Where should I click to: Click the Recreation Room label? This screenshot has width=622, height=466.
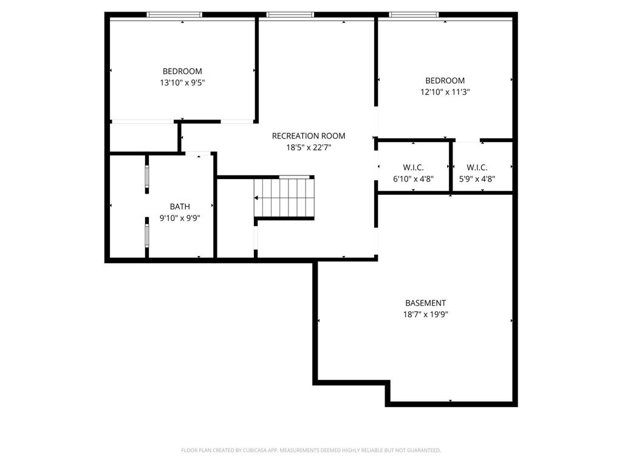coord(309,136)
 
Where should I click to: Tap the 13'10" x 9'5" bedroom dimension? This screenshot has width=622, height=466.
coord(182,83)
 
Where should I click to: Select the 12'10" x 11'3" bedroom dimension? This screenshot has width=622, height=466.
coord(445,92)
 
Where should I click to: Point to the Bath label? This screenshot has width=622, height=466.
coord(180,206)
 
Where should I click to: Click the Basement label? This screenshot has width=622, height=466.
coord(426,303)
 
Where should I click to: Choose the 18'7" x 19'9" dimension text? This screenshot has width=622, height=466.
coord(426,315)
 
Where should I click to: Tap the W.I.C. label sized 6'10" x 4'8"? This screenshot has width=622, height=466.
coord(413,167)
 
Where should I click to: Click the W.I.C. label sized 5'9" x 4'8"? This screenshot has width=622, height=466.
coord(477,167)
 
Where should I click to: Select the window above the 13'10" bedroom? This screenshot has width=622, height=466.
coord(174,15)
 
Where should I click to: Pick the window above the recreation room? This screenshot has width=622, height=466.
coord(290,15)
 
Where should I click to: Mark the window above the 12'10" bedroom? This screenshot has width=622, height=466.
coord(414,15)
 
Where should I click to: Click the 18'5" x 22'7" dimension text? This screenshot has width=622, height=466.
coord(309,147)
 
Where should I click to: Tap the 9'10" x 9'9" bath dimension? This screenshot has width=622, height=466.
coord(180,218)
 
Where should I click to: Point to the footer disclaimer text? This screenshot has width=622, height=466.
coord(311,450)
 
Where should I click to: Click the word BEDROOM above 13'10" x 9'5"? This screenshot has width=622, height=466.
coord(182,72)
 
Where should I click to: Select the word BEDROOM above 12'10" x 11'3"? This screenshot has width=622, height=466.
coord(445,81)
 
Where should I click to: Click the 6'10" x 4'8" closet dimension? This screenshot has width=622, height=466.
coord(413,179)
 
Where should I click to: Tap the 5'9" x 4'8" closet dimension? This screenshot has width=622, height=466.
coord(477,179)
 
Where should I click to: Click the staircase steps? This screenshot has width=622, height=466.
coord(284,198)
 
